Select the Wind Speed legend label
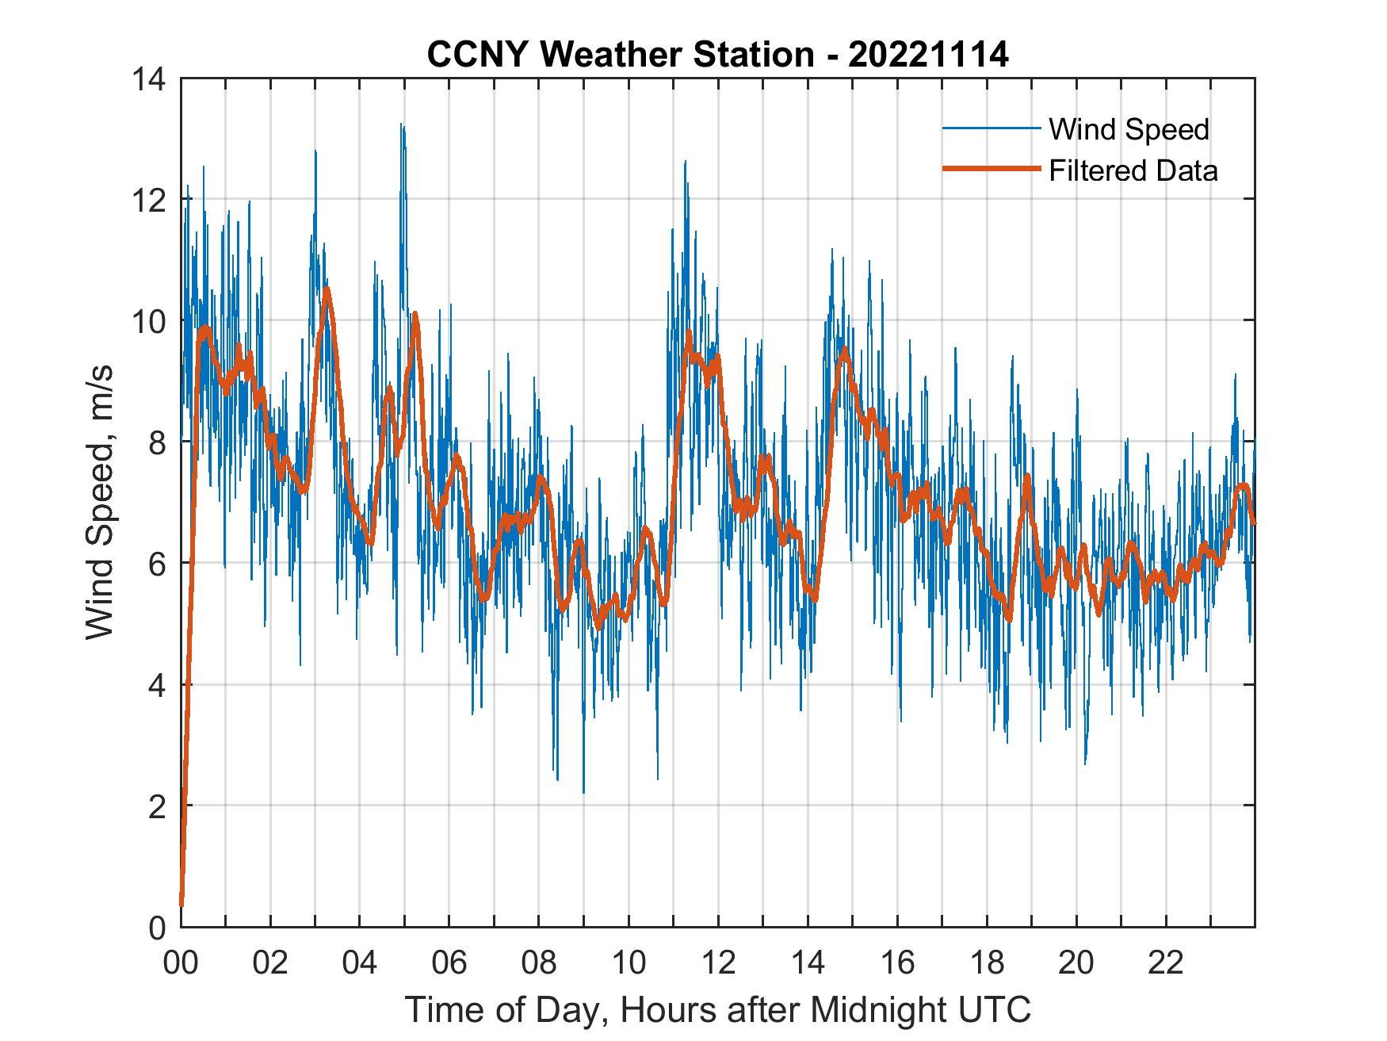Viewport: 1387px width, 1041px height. [1129, 129]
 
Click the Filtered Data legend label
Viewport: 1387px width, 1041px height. [1133, 170]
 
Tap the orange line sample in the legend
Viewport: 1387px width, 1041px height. [991, 169]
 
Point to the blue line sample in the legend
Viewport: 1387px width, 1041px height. [991, 128]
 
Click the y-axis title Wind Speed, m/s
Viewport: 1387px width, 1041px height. [101, 502]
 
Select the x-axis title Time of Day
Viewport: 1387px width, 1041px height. [717, 1010]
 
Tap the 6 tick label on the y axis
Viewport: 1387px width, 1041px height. [157, 564]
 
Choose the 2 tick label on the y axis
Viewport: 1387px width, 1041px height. [157, 806]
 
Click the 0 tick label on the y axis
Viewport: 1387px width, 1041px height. [157, 927]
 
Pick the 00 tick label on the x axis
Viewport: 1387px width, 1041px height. [181, 963]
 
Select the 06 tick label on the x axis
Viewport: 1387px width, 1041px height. [449, 963]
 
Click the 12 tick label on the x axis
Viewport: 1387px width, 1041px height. [718, 963]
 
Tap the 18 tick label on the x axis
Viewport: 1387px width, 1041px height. [987, 963]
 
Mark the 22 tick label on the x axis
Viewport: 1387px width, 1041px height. [1166, 963]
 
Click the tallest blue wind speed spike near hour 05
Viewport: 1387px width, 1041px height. [403, 125]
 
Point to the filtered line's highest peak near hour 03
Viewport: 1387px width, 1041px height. [326, 289]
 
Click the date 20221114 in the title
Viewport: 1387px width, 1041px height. [928, 55]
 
